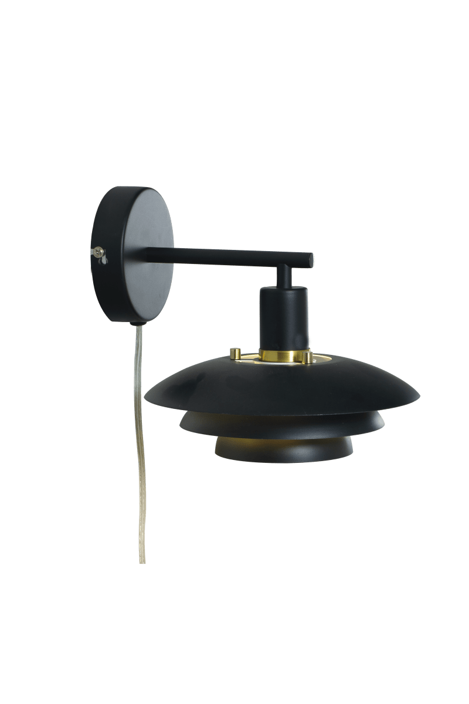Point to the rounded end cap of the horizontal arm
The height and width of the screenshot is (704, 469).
point(310,259)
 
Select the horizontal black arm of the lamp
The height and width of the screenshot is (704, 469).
point(235,256)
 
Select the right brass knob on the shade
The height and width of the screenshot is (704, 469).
point(307,356)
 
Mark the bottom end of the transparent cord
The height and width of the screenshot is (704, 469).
point(142,560)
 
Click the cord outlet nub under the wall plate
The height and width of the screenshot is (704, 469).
point(135,322)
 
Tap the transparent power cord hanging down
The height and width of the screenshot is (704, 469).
point(139,440)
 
